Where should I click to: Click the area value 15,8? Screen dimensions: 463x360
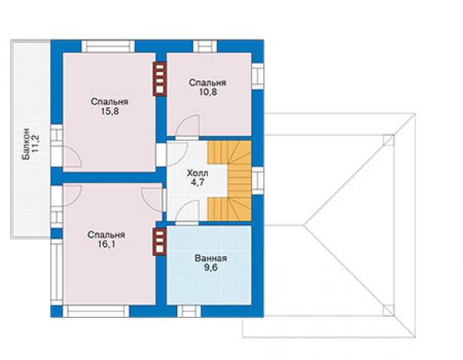[x=109, y=111]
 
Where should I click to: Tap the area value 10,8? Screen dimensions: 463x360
[x=208, y=92]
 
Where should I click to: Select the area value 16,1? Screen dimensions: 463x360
[x=106, y=244]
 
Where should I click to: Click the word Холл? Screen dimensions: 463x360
[x=198, y=173]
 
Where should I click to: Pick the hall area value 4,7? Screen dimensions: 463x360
[x=198, y=182]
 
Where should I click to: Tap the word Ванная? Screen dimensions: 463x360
[x=210, y=258]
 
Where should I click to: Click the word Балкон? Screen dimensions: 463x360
[x=26, y=143]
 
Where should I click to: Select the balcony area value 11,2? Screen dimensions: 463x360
[x=36, y=144]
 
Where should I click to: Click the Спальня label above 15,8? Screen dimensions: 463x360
[x=109, y=101]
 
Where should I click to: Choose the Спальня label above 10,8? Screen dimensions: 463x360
[x=208, y=83]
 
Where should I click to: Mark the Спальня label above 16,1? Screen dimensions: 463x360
[x=106, y=235]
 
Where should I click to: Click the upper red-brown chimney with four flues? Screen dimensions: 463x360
[x=160, y=79]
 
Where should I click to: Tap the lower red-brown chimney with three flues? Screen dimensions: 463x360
[x=160, y=242]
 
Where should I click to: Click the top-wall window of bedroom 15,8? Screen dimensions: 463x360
[x=108, y=46]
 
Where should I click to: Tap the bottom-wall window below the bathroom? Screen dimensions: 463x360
[x=189, y=311]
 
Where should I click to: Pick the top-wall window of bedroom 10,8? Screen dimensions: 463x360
[x=205, y=46]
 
